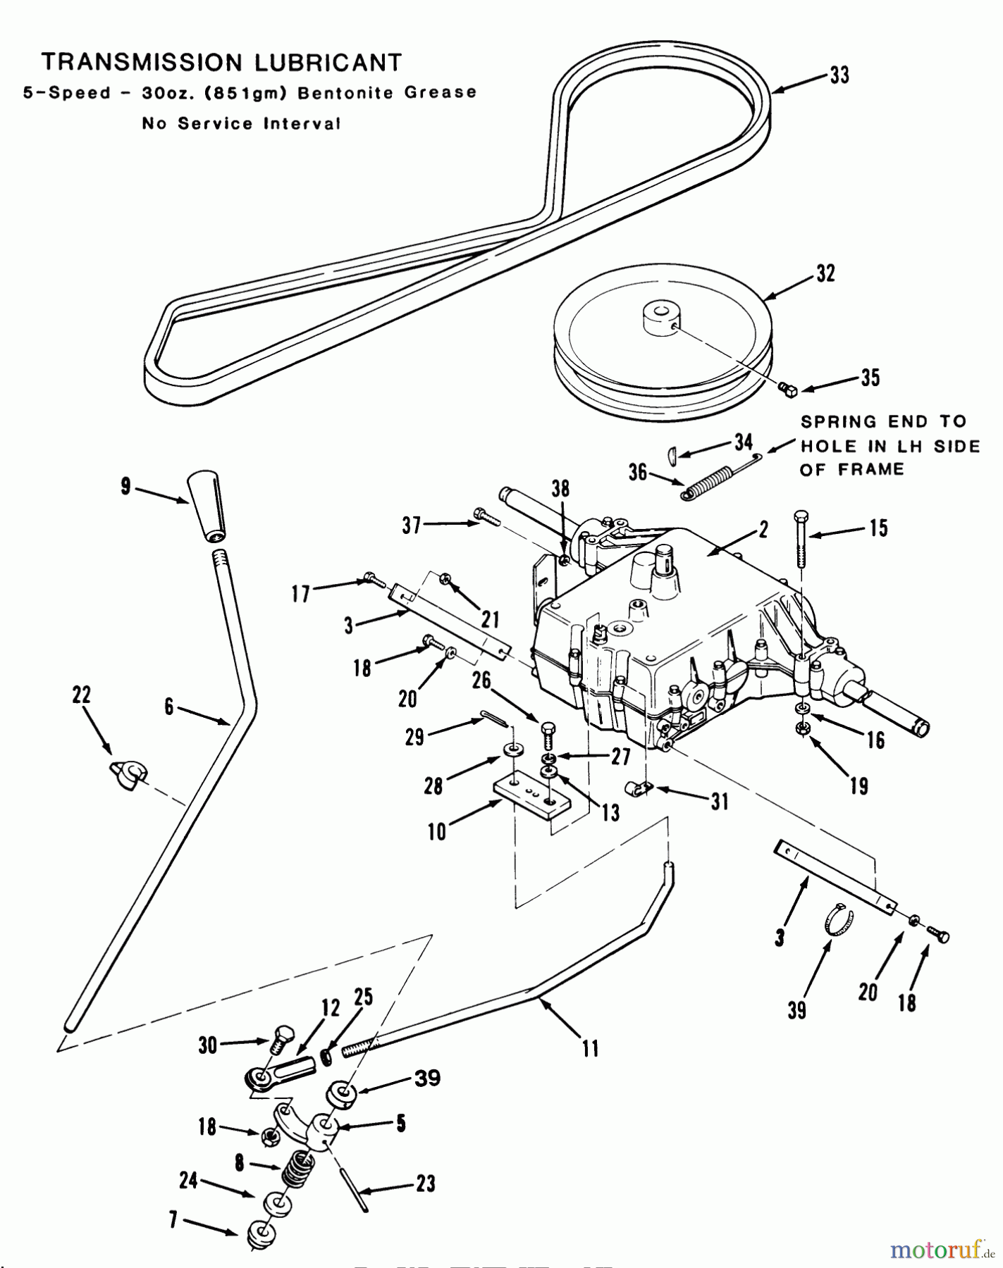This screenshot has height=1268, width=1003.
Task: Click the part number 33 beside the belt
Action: click(x=839, y=75)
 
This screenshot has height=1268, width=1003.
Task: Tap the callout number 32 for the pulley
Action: click(x=825, y=273)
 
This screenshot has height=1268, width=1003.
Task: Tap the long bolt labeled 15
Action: click(x=802, y=539)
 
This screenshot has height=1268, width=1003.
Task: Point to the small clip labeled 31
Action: click(x=639, y=789)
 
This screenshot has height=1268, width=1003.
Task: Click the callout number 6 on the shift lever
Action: click(x=169, y=707)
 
